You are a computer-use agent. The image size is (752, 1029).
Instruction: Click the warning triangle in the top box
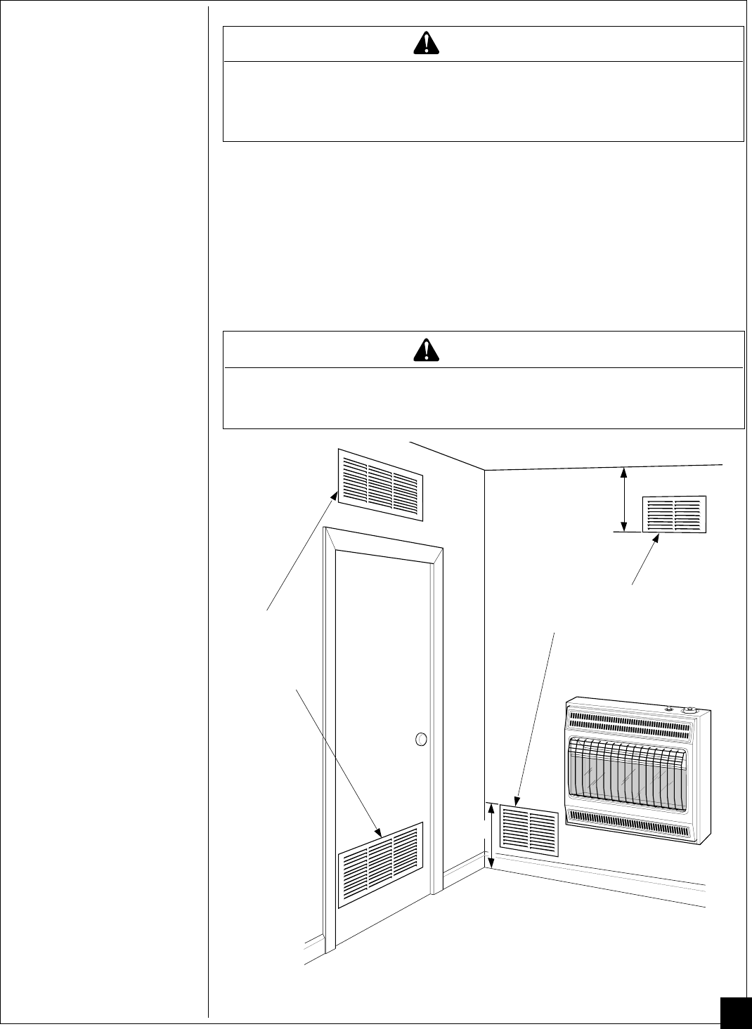pos(424,44)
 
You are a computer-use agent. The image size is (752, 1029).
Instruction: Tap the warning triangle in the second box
pos(424,349)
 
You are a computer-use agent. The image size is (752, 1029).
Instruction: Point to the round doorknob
pos(421,739)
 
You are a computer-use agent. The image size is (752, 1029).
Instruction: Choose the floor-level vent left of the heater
pos(529,833)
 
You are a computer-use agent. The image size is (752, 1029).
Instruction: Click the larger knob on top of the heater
pos(690,710)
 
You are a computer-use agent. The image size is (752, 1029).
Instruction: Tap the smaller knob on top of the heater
pos(668,710)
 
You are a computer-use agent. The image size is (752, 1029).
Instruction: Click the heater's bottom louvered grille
pos(628,822)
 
